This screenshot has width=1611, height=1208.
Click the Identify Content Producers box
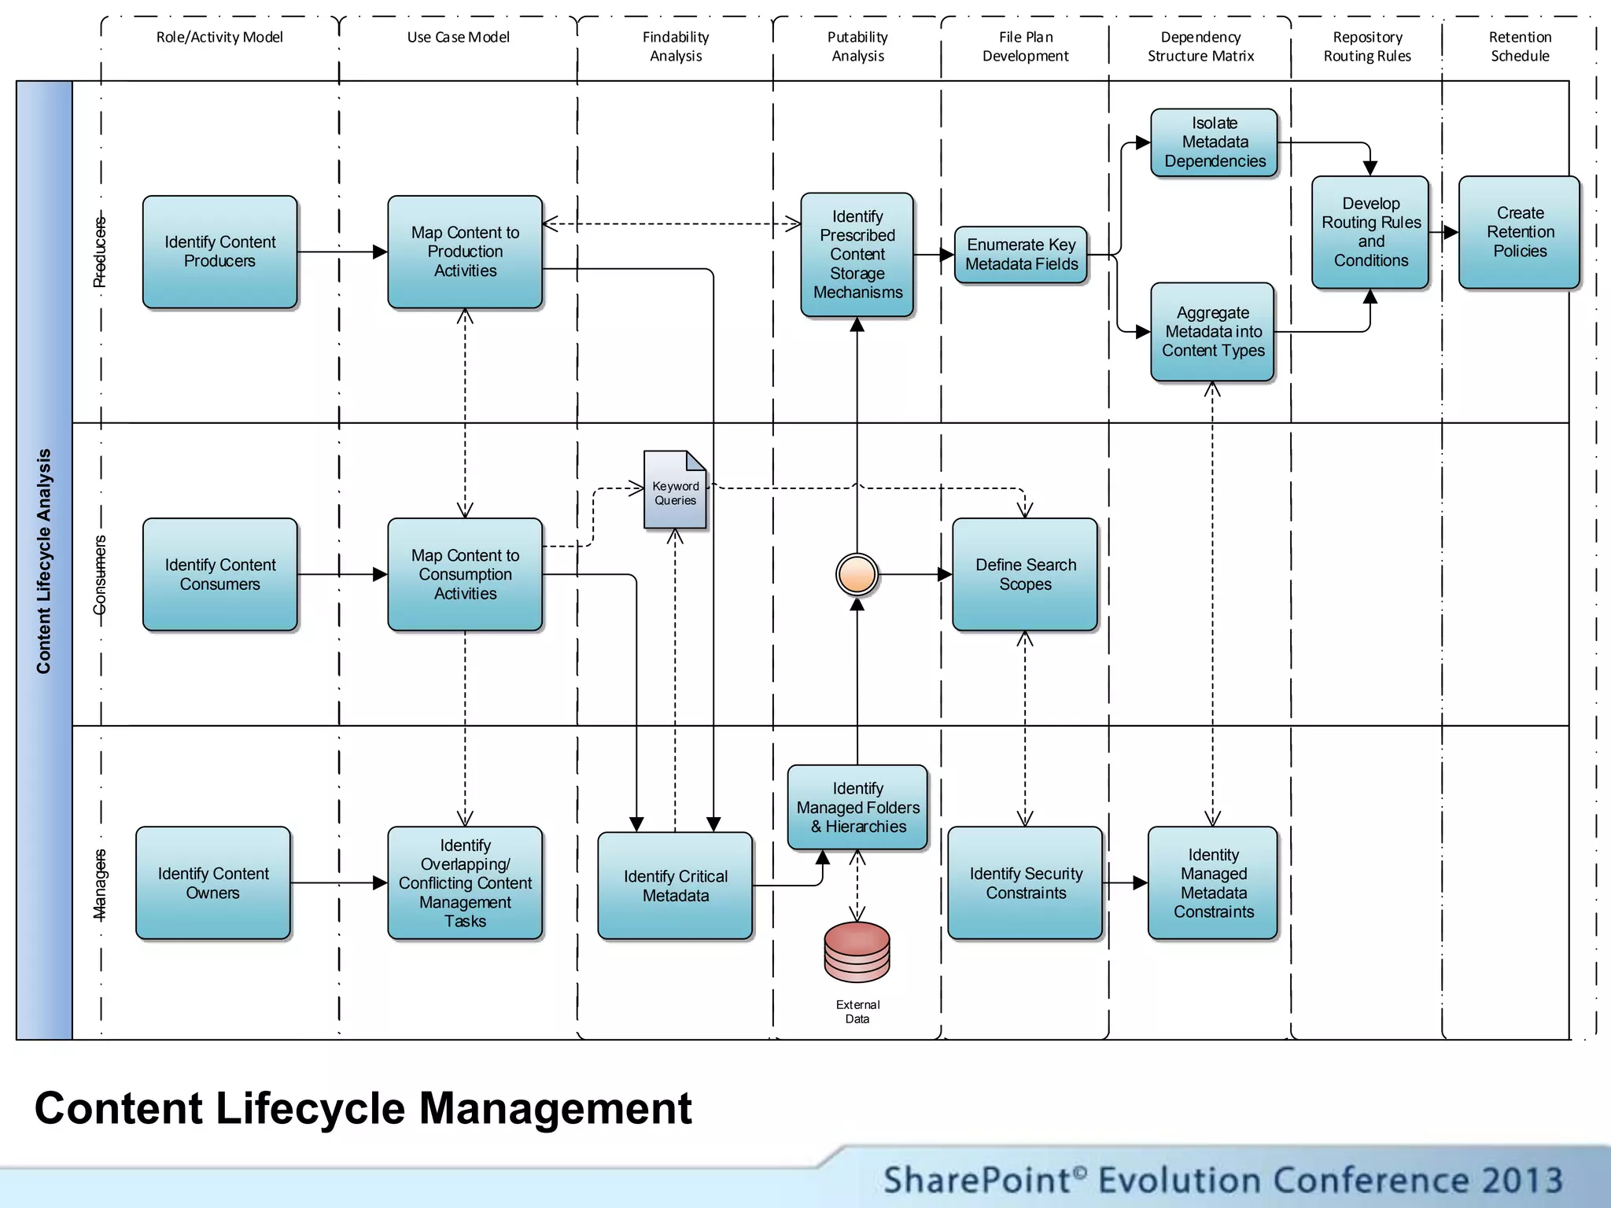click(x=219, y=252)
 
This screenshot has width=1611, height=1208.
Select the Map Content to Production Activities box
click(x=465, y=252)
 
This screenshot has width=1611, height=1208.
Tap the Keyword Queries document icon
click(x=675, y=490)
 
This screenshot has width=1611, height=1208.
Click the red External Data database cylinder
click(x=857, y=952)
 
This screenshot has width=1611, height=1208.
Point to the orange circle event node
click(x=857, y=574)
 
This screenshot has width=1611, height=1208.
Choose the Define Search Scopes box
click(x=1024, y=574)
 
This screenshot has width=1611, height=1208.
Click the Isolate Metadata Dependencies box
click(x=1214, y=142)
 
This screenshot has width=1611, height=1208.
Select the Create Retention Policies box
click(x=1519, y=232)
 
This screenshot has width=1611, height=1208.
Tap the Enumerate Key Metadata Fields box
click(x=1021, y=254)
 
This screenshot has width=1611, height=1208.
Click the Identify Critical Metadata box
click(x=675, y=886)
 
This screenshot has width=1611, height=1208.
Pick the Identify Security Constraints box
click(x=1025, y=882)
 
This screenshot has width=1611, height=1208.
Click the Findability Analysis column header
click(x=675, y=46)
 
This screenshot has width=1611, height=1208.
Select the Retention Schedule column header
click(x=1519, y=46)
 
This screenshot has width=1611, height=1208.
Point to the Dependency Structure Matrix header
click(x=1200, y=46)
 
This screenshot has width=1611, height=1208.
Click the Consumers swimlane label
click(x=100, y=575)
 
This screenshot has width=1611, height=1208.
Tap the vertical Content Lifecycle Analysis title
click(x=44, y=561)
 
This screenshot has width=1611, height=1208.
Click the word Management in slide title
click(x=555, y=1108)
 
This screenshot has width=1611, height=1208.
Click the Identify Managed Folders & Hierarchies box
click(x=857, y=807)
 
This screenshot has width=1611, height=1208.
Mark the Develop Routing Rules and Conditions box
click(x=1370, y=232)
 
